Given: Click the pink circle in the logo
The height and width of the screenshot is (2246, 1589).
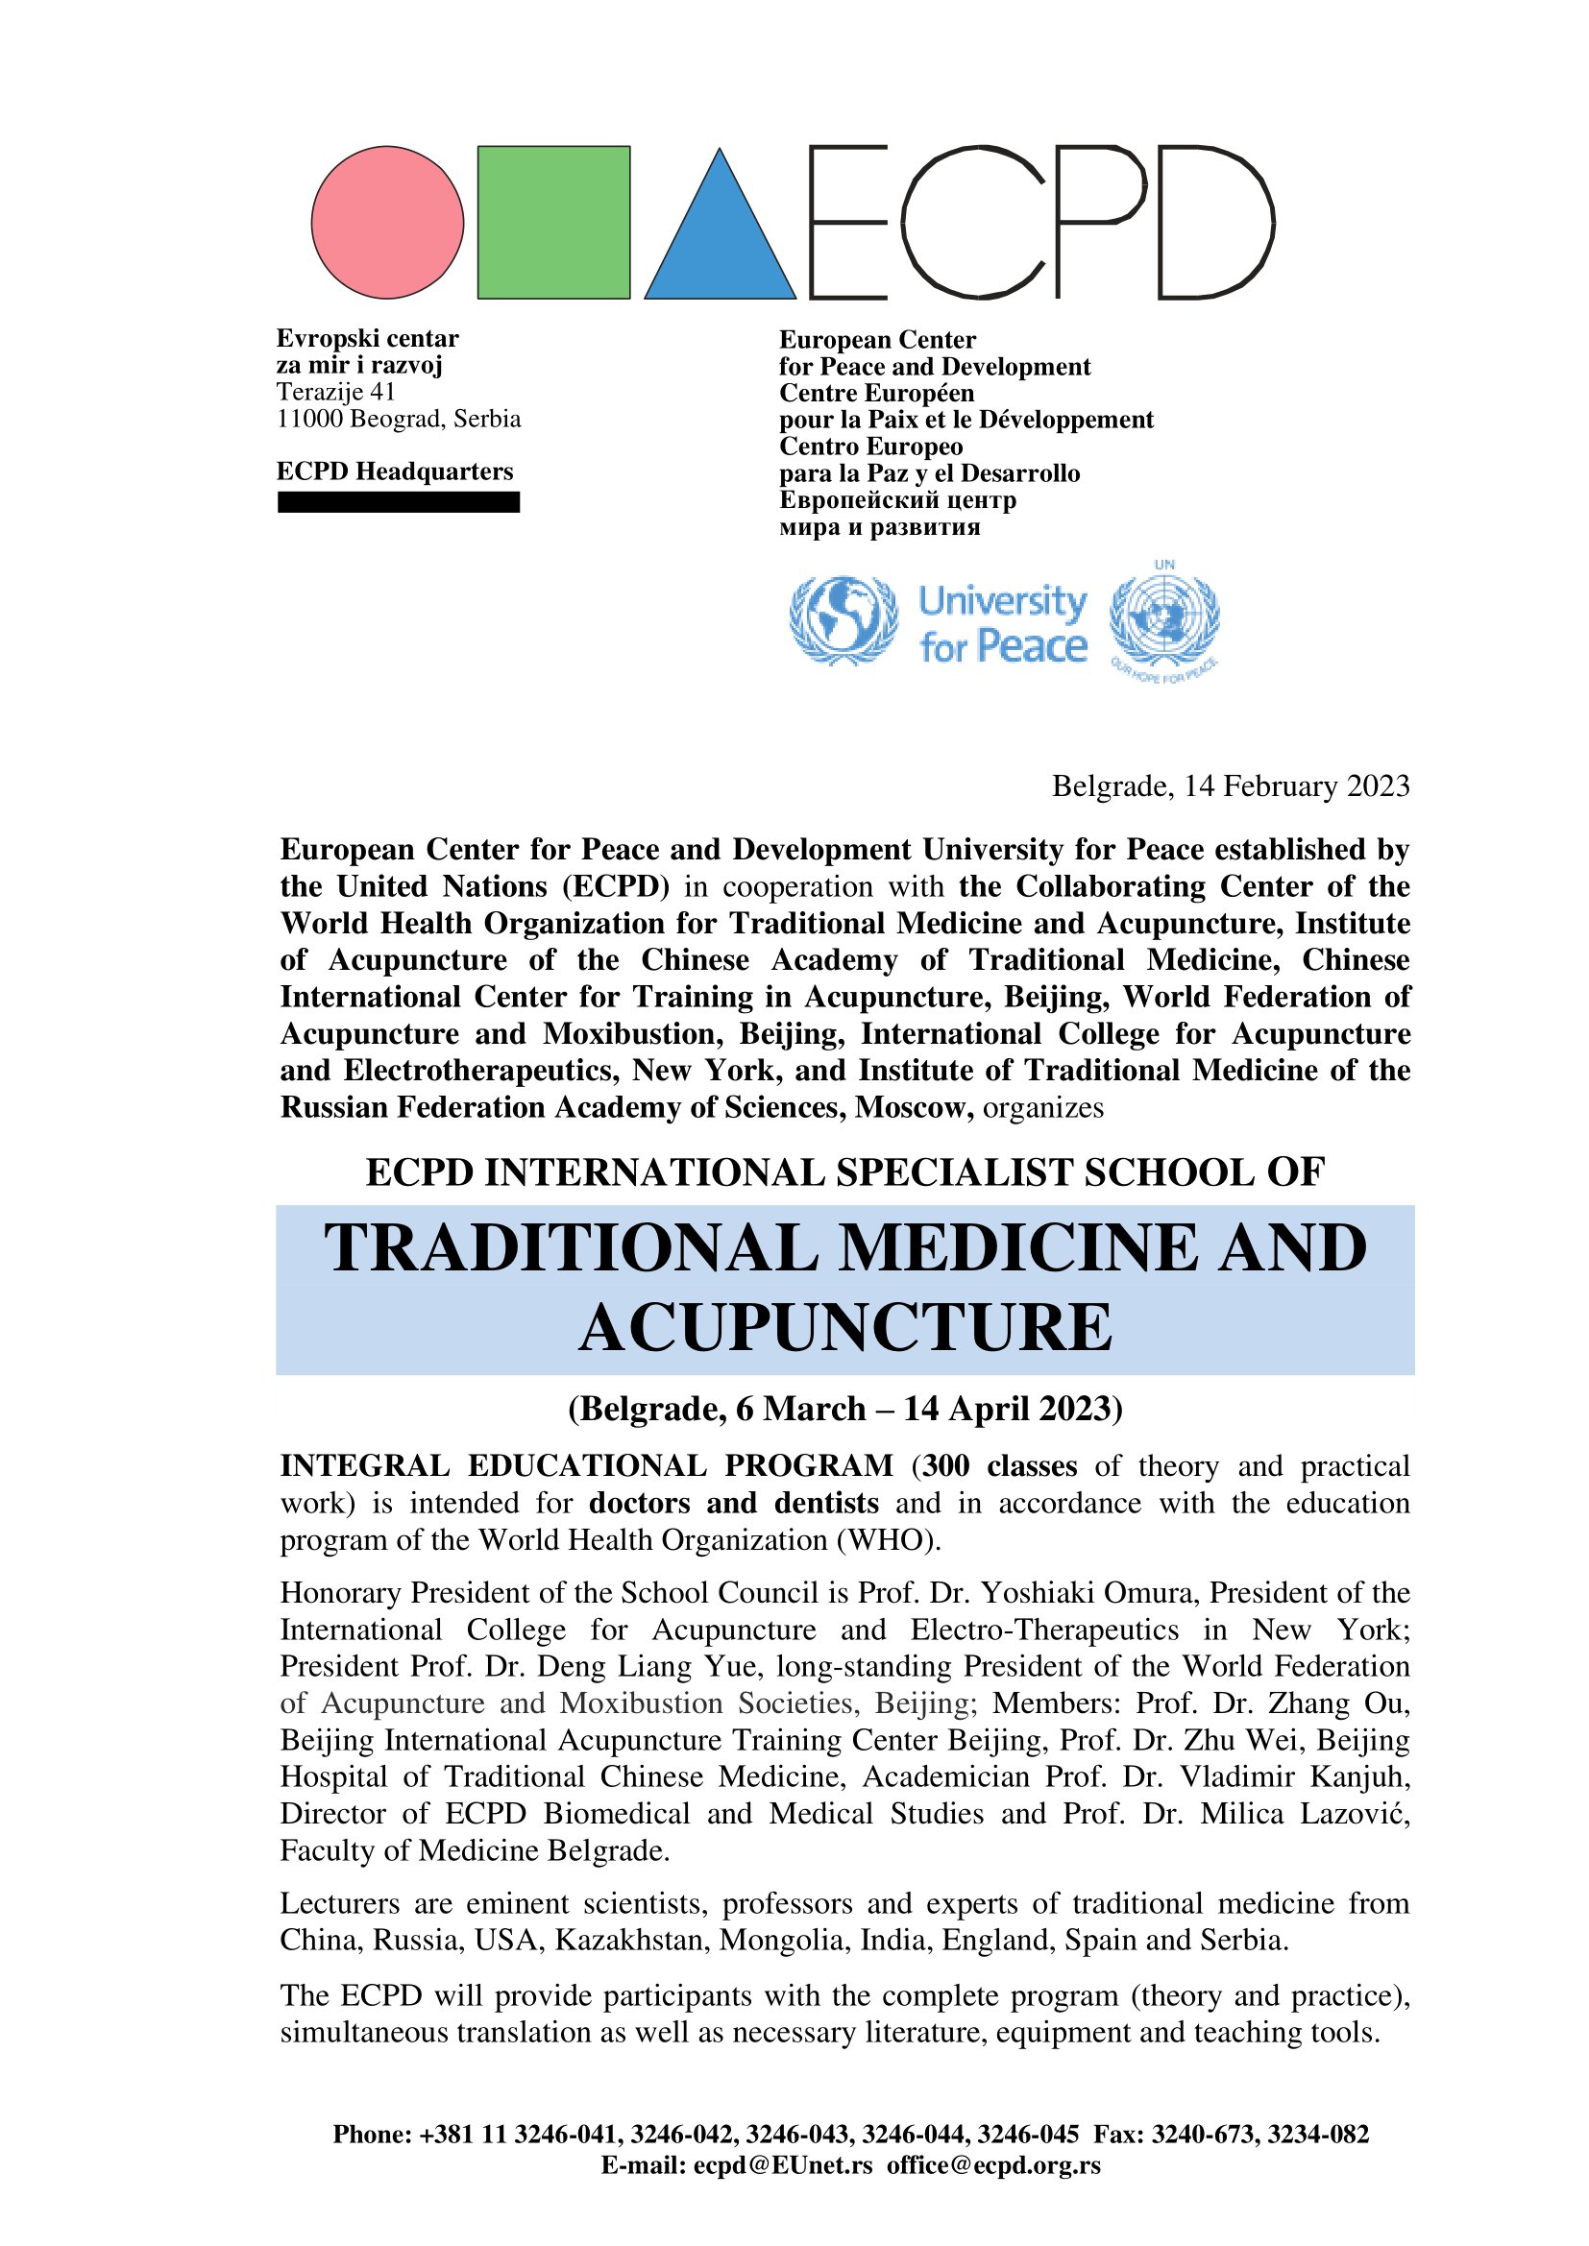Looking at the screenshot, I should pos(387,222).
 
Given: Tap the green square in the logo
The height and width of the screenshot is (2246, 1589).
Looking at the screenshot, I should pos(553,222).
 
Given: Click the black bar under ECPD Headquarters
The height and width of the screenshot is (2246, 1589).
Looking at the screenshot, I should pos(399,502).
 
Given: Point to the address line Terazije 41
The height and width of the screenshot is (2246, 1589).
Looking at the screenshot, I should pos(335,393).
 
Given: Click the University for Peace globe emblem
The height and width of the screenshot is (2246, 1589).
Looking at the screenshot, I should pos(843,621).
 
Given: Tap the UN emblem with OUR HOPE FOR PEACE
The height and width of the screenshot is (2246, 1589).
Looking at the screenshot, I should pos(1164,621).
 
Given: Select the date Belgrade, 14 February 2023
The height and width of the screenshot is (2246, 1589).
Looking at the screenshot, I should pos(1230,786).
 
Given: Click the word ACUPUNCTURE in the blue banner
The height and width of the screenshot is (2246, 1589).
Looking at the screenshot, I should pos(845,1328).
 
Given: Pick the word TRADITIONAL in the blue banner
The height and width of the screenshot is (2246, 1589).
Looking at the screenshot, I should pos(572,1249).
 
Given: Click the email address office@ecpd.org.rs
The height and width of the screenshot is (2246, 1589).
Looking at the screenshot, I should pos(993,2165).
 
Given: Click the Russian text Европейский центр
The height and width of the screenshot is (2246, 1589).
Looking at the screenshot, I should pos(884,500).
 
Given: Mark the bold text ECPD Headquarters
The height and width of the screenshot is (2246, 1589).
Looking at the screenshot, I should pos(394,471).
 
